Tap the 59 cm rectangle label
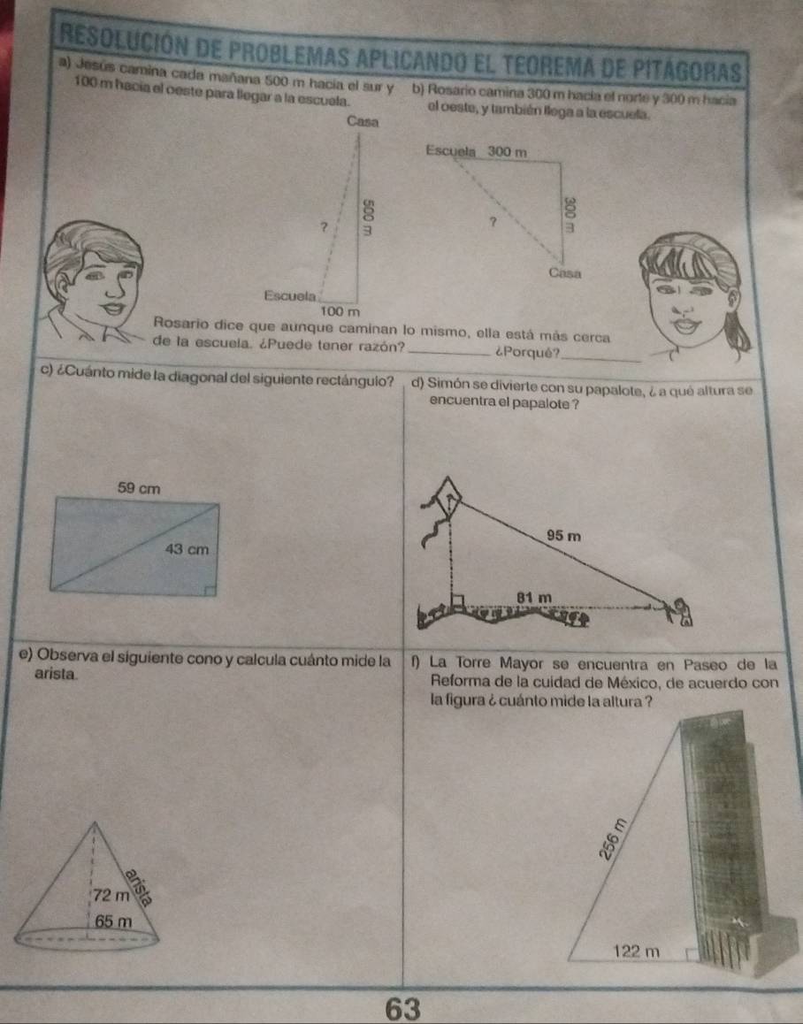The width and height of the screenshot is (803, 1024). point(139,488)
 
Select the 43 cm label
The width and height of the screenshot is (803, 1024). point(187,549)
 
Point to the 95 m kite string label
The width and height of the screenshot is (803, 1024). point(564,536)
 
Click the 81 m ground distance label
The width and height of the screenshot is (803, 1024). point(534,597)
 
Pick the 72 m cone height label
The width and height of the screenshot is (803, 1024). point(111,895)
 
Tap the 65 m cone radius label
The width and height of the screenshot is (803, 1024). point(114,921)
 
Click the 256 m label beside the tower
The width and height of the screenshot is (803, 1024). point(614,838)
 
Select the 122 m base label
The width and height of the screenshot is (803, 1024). point(637,951)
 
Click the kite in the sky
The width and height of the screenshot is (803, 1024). point(449,494)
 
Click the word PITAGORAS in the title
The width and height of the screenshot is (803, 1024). point(680,69)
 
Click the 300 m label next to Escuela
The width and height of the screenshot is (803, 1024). point(507,151)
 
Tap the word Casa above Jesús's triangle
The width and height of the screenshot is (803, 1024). point(363,121)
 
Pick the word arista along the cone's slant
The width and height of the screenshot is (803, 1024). point(139,888)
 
